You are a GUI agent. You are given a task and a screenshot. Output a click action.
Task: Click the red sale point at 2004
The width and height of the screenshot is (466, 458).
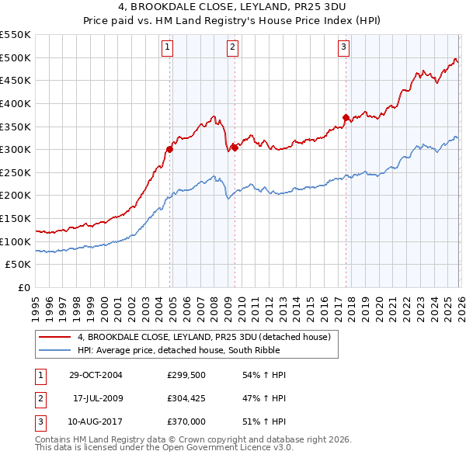click(x=169, y=149)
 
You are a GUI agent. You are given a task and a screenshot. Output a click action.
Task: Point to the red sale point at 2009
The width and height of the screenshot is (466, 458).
click(x=234, y=147)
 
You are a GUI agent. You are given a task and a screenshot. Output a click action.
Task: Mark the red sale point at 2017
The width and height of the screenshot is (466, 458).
click(x=346, y=117)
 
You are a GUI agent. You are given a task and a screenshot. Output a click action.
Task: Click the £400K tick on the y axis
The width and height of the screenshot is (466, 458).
click(x=16, y=103)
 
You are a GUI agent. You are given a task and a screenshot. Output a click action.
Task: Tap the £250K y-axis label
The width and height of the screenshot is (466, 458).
click(x=16, y=172)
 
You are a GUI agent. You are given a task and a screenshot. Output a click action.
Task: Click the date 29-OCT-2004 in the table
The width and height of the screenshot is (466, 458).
click(x=96, y=375)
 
